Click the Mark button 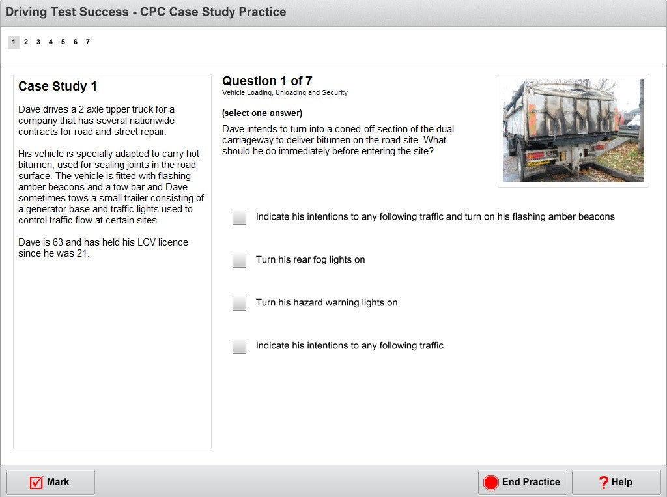[50, 482]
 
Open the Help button [616, 482]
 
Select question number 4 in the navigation [51, 42]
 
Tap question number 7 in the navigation [88, 42]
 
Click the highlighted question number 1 [14, 42]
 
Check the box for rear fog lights [239, 259]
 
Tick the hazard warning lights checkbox [239, 302]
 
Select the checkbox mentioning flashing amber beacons [239, 217]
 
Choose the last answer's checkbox [239, 345]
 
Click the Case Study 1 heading [57, 87]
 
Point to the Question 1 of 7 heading [267, 81]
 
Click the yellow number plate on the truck [538, 163]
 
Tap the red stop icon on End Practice [490, 483]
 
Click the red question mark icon [603, 483]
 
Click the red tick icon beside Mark [36, 483]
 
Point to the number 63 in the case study [58, 242]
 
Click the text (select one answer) [262, 113]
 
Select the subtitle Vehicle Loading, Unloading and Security [285, 92]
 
